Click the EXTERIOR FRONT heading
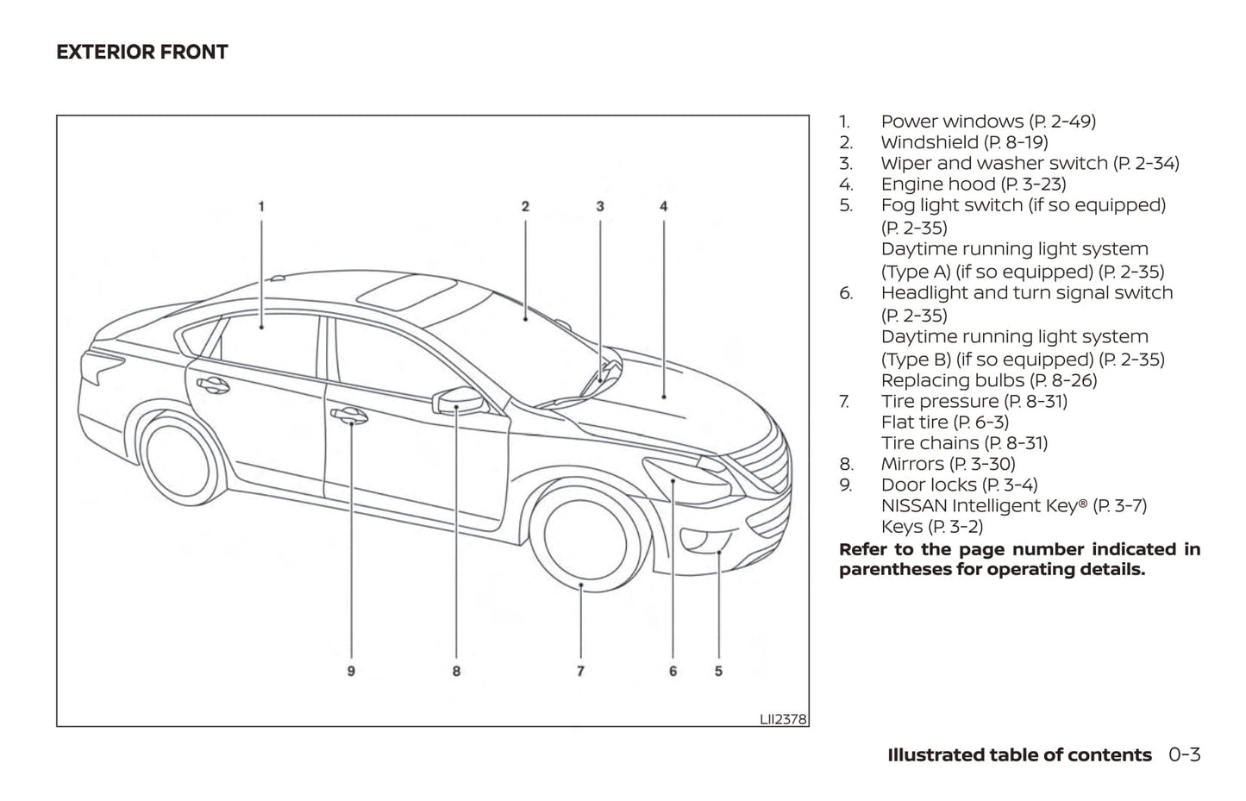click(x=142, y=53)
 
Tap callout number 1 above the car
click(x=261, y=206)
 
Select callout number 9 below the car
click(x=351, y=671)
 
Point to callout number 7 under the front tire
click(x=581, y=671)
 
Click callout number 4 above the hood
click(x=664, y=206)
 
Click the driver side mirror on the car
click(x=460, y=402)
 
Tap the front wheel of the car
click(x=587, y=535)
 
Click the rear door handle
click(x=210, y=385)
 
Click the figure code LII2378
click(x=783, y=718)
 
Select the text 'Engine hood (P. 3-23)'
click(x=974, y=185)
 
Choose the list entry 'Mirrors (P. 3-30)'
click(x=948, y=464)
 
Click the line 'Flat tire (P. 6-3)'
click(x=944, y=422)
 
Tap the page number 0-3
click(x=1185, y=755)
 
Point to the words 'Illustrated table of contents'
click(x=1019, y=755)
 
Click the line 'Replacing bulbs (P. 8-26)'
click(x=988, y=380)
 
